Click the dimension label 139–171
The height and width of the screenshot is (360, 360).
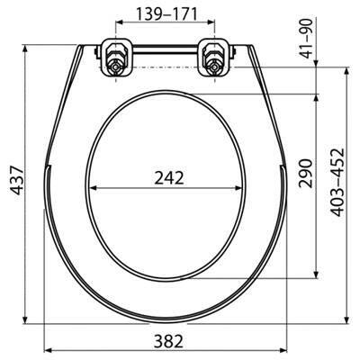pos(166,14)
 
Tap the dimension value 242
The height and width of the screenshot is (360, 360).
pos(169,178)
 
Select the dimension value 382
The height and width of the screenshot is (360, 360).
pos(168,341)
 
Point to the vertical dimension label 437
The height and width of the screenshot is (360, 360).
pos(16,181)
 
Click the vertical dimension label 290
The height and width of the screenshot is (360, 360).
pos(305,174)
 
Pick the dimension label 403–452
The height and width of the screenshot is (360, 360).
pos(337,182)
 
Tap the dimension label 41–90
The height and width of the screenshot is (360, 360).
pos(306,39)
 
